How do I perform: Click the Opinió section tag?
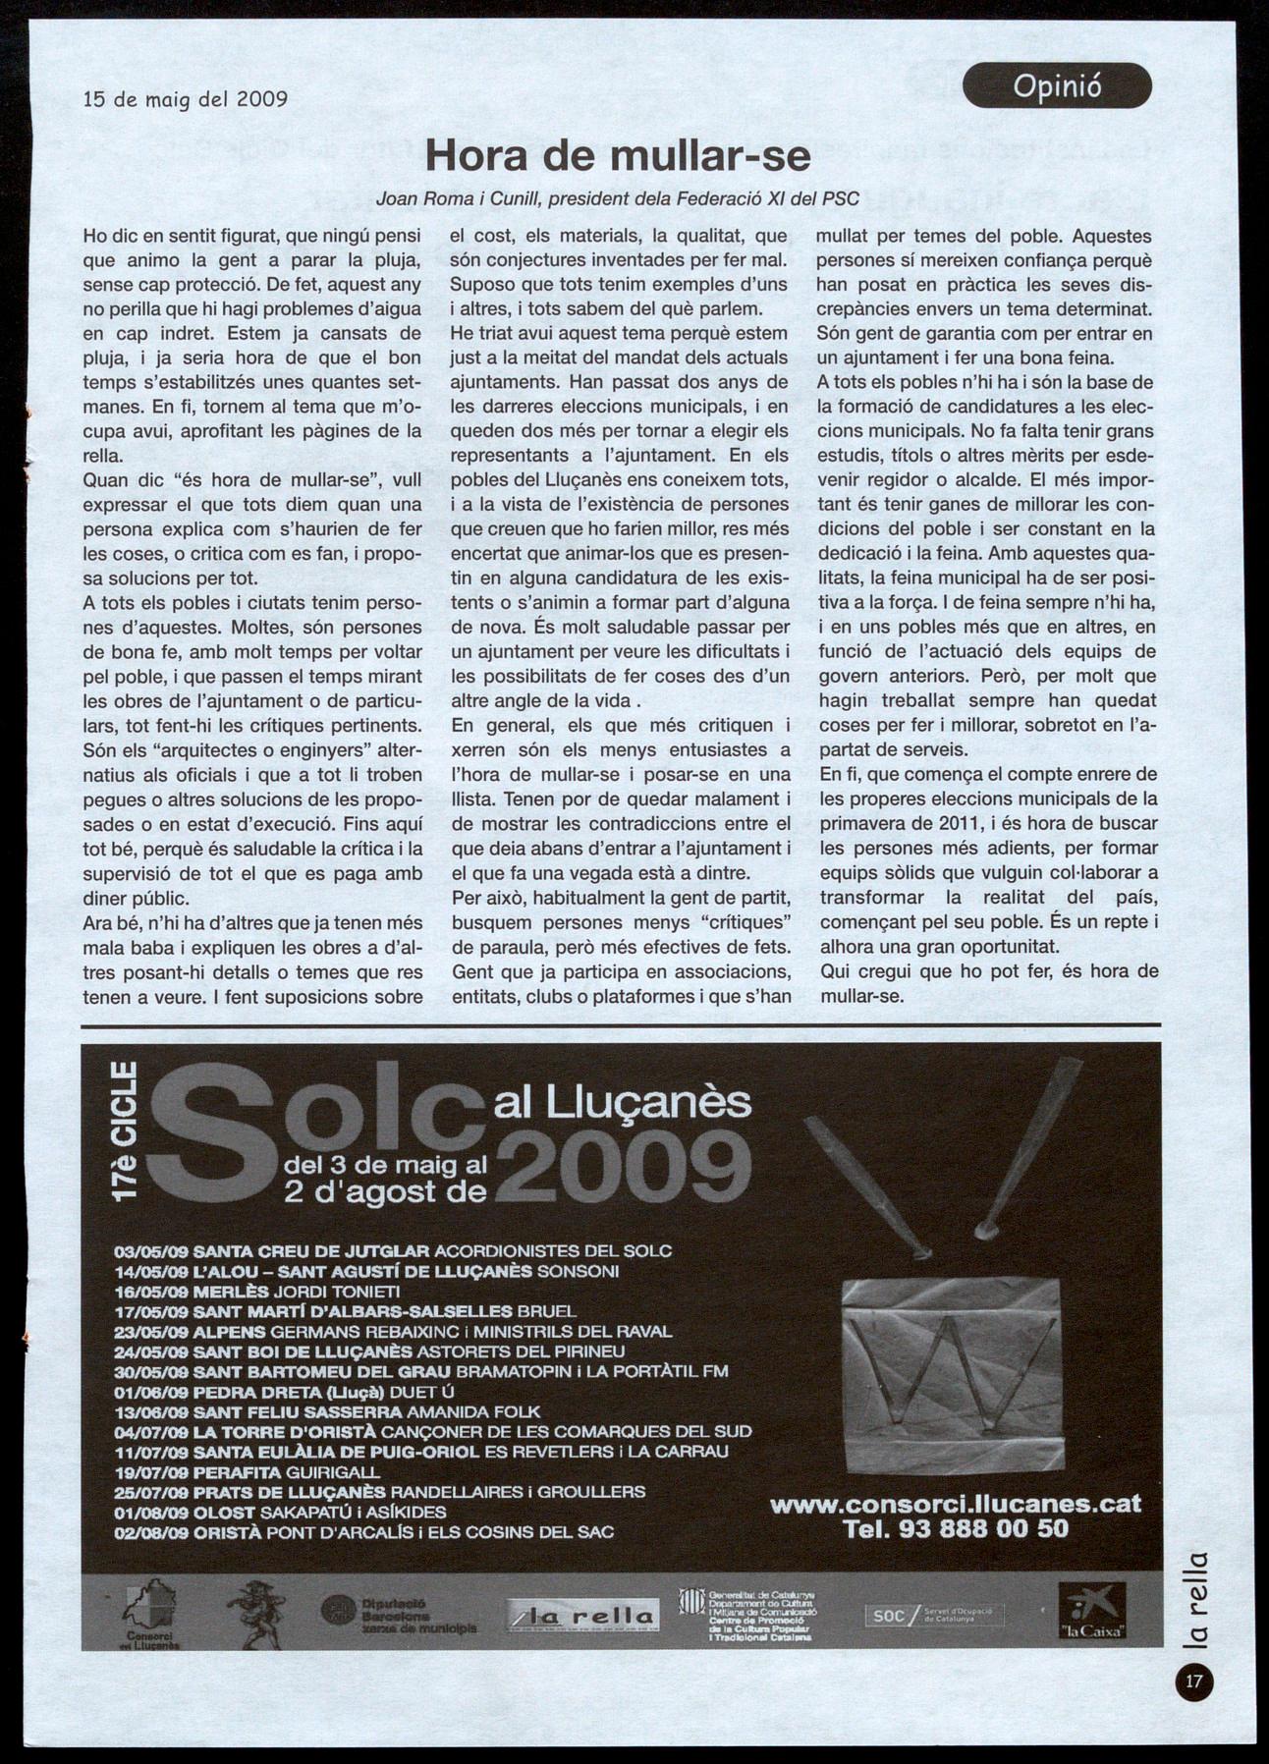1056,85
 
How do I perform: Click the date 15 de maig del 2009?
185,98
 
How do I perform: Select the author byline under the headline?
618,198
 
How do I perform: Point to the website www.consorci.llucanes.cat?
955,1504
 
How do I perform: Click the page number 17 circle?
1193,1681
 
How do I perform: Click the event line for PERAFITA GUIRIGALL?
248,1472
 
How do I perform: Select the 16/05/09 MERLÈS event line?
257,1291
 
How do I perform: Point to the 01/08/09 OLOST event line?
281,1512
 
